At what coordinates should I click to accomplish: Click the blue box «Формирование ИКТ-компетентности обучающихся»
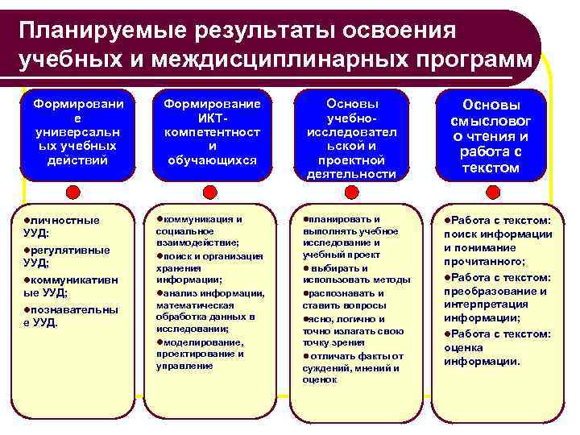click(212, 133)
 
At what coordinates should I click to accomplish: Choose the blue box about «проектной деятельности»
click(352, 137)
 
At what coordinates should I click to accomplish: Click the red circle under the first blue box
click(73, 193)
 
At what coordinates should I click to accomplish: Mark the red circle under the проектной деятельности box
click(351, 193)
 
